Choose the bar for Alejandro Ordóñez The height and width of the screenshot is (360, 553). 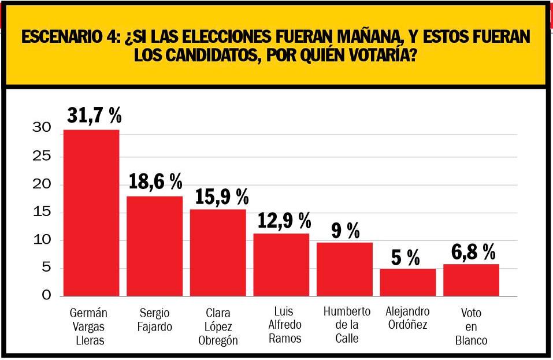pyautogui.click(x=407, y=283)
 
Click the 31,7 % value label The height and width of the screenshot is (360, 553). pyautogui.click(x=95, y=115)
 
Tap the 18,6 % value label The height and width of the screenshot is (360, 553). pyautogui.click(x=155, y=183)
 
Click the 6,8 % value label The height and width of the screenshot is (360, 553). pyautogui.click(x=473, y=252)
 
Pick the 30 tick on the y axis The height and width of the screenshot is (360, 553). pyautogui.click(x=43, y=128)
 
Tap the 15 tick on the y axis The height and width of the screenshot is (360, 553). pyautogui.click(x=43, y=213)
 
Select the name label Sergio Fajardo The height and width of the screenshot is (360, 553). pyautogui.click(x=155, y=320)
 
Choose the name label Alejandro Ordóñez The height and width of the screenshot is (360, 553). pyautogui.click(x=407, y=318)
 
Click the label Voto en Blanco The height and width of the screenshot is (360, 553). pyautogui.click(x=471, y=326)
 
